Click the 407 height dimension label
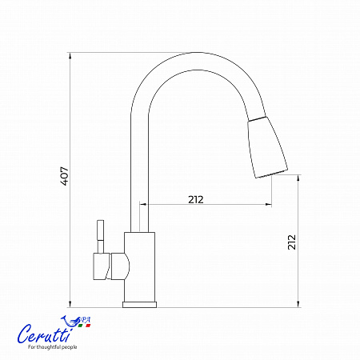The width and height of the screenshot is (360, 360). point(65,176)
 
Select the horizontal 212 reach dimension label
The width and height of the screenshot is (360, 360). point(196,200)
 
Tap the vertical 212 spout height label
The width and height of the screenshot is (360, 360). point(292,242)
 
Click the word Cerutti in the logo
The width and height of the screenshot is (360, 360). point(45,334)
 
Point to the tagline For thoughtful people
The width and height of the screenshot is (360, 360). point(53,347)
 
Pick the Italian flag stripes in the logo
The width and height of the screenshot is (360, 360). point(84,326)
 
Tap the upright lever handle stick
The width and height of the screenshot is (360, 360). point(100,236)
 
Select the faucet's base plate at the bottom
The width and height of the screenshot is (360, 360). point(139,305)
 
